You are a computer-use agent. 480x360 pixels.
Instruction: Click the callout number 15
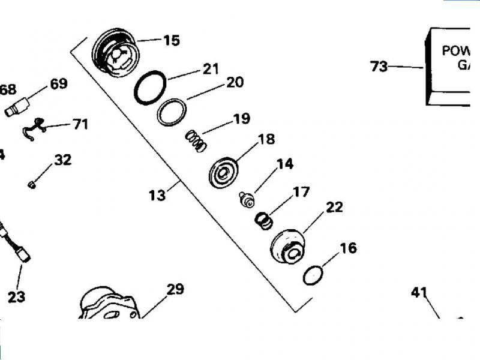coord(171,41)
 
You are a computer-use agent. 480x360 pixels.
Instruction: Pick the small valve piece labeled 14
coord(245,199)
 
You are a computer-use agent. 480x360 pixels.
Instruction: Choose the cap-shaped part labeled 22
coord(288,247)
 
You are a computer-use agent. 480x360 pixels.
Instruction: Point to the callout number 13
coord(157,196)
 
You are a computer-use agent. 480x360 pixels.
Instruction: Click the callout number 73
coord(379,67)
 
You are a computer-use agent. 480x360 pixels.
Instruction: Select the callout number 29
coord(175,289)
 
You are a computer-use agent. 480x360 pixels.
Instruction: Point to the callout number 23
coord(16,296)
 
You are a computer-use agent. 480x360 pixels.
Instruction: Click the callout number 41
coord(419,293)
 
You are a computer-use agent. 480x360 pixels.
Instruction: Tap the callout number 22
coord(334,208)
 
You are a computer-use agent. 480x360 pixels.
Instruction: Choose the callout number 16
coord(348,248)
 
